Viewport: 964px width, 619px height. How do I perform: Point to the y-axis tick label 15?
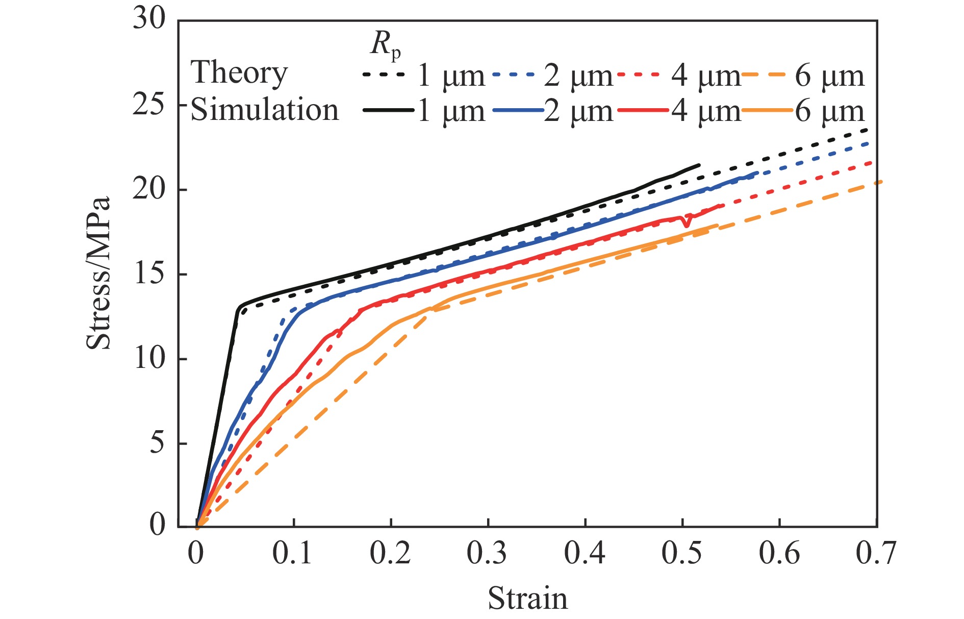149,274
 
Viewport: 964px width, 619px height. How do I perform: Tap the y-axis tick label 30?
149,19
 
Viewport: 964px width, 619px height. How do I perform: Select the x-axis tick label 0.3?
487,553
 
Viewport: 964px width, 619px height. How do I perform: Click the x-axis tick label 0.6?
779,553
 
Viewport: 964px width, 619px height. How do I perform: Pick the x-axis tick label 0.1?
292,553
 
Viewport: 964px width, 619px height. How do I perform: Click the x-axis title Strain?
527,598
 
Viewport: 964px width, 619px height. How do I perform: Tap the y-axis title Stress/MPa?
98,274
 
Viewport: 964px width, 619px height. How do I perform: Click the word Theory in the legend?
239,72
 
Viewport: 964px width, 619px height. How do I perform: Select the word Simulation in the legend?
264,110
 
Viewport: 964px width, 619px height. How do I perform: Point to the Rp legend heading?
385,44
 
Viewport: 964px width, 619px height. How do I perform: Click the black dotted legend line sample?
384,75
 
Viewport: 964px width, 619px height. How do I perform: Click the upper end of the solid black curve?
698,165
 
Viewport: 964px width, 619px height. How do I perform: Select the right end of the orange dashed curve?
880,182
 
